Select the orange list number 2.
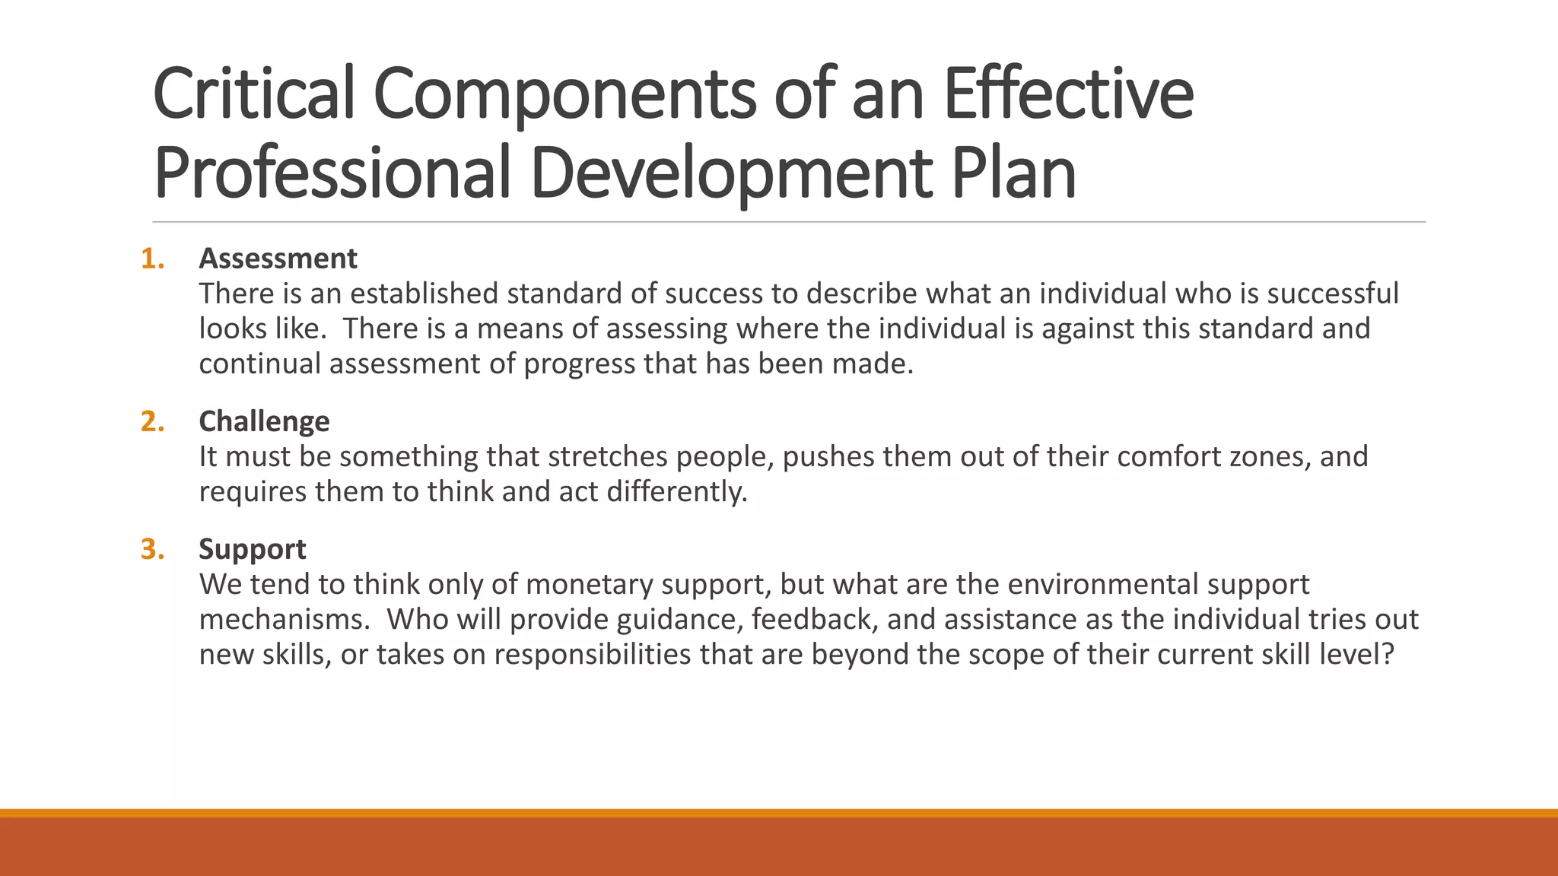coord(152,421)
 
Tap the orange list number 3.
coord(152,549)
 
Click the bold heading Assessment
coord(278,259)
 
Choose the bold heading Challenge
coord(264,421)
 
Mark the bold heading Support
coord(253,549)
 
